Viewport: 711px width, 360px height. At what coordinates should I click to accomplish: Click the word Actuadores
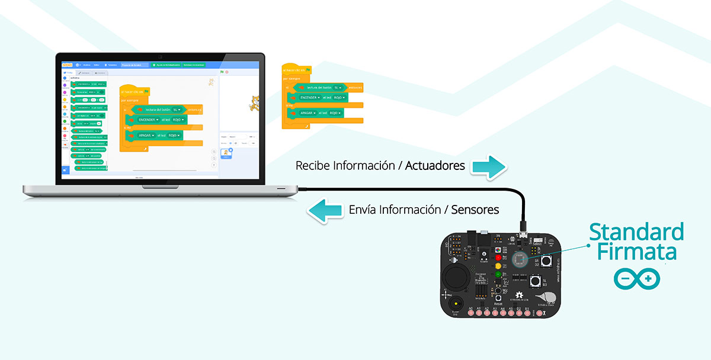pyautogui.click(x=435, y=166)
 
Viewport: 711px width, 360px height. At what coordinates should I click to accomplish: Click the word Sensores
pyautogui.click(x=475, y=210)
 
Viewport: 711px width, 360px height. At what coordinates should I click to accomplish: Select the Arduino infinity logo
pyautogui.click(x=636, y=278)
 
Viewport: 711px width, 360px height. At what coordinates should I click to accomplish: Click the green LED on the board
pyautogui.click(x=498, y=274)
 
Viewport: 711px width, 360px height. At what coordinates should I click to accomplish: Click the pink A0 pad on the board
pyautogui.click(x=470, y=313)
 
